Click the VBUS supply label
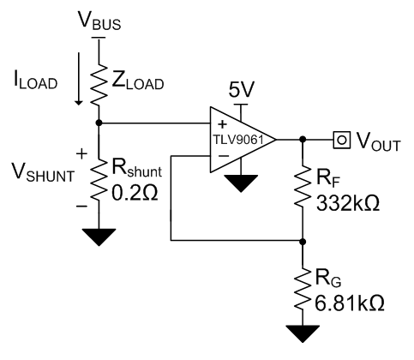pyautogui.click(x=99, y=21)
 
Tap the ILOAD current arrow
pyautogui.click(x=78, y=79)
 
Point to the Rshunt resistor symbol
pyautogui.click(x=99, y=180)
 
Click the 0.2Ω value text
pyautogui.click(x=135, y=194)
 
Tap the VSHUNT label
pyautogui.click(x=43, y=172)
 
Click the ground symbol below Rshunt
pyautogui.click(x=99, y=237)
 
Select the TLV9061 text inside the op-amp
pyautogui.click(x=237, y=140)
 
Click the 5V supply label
pyautogui.click(x=242, y=90)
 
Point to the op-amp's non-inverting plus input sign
pyautogui.click(x=222, y=124)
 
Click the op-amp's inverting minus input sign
pyautogui.click(x=224, y=156)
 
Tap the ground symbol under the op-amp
pyautogui.click(x=241, y=183)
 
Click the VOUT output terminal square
pyautogui.click(x=342, y=140)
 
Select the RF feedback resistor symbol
pyautogui.click(x=303, y=186)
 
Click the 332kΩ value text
pyautogui.click(x=348, y=203)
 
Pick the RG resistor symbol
pyautogui.click(x=303, y=289)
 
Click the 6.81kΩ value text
pyautogui.click(x=350, y=303)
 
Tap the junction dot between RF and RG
pyautogui.click(x=303, y=242)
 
